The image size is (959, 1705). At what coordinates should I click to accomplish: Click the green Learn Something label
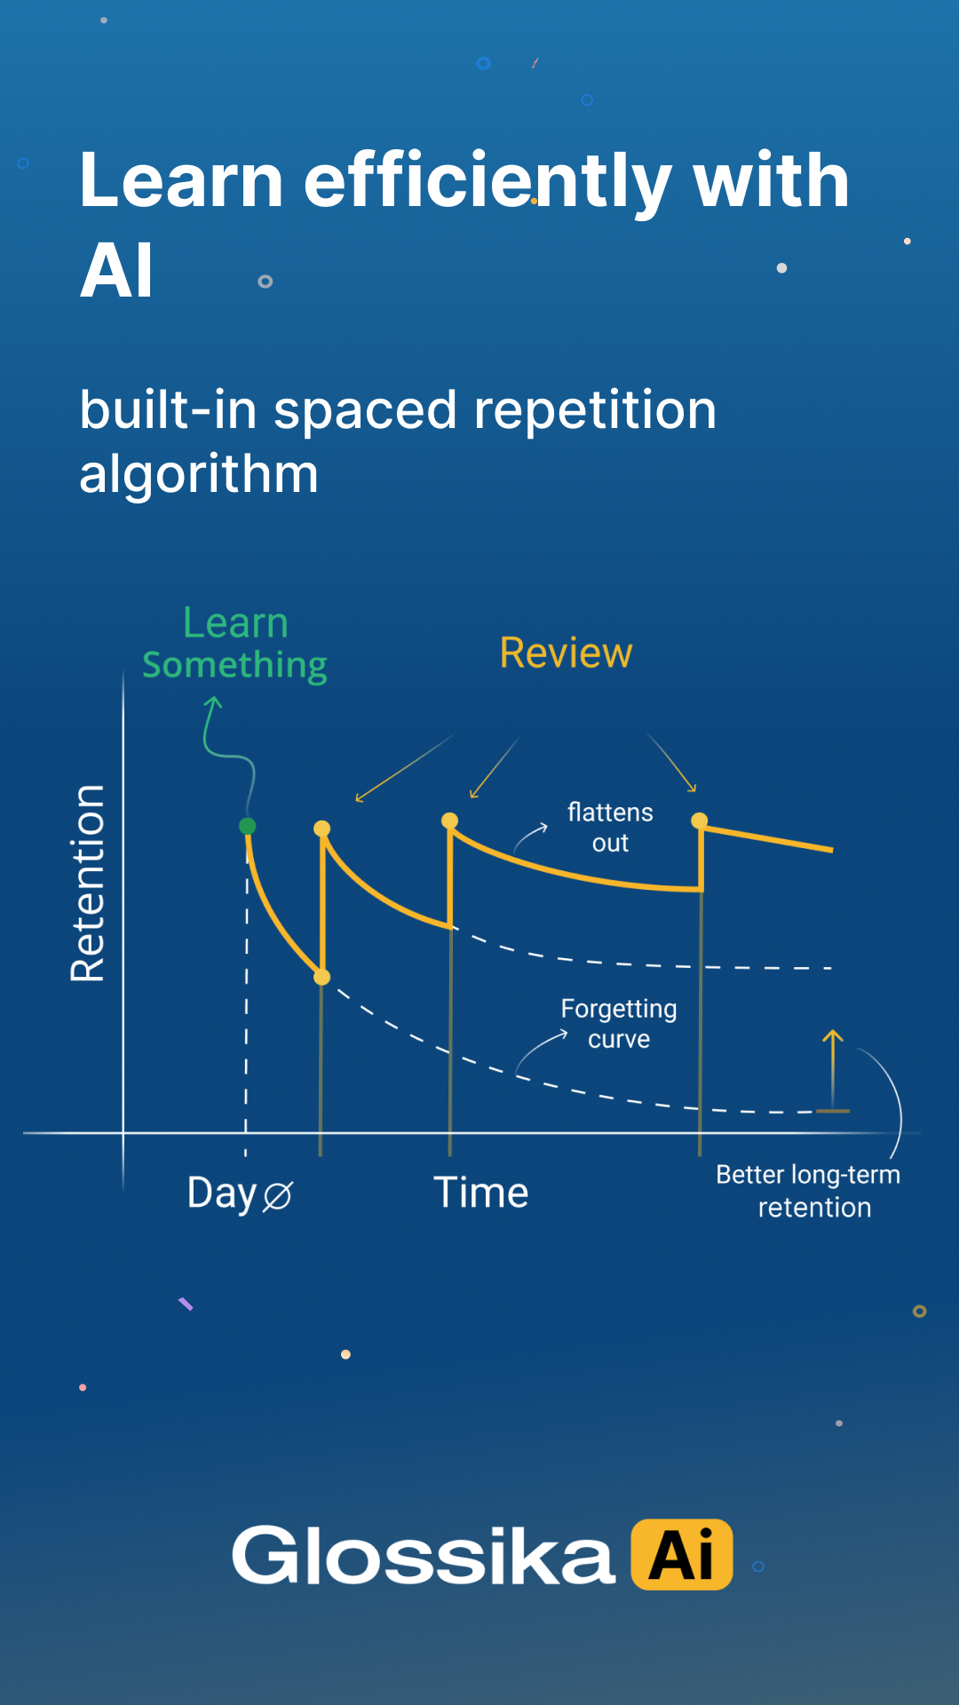(234, 644)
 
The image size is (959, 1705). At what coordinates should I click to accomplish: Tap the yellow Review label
(566, 653)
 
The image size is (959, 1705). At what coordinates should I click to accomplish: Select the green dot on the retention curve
(248, 826)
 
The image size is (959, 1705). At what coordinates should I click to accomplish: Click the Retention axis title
(88, 883)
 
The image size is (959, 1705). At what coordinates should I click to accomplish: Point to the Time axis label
(480, 1192)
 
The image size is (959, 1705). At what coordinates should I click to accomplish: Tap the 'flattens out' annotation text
(610, 827)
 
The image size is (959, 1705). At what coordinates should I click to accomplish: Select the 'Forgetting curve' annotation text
(619, 1023)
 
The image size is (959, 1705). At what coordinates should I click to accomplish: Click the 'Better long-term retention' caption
(809, 1191)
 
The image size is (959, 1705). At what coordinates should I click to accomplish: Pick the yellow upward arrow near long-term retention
(833, 1070)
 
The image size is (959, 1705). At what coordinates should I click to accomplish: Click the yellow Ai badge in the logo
(682, 1554)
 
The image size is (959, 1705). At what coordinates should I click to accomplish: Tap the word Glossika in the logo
(424, 1555)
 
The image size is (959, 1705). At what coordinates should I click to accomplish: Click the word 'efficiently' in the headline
(487, 181)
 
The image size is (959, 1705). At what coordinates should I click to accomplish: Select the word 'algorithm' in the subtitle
(199, 474)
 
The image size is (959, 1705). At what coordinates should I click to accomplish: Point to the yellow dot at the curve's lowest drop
(322, 977)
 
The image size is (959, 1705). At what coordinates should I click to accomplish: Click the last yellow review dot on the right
(700, 820)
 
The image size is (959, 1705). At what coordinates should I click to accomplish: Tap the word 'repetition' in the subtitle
(595, 411)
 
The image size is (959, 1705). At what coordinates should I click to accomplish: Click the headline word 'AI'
(116, 271)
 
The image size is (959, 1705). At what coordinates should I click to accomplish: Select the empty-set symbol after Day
(277, 1196)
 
